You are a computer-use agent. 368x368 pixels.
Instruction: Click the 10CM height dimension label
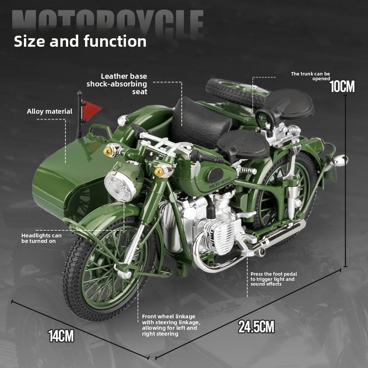tap(342, 87)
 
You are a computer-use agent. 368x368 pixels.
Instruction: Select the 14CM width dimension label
tap(61, 336)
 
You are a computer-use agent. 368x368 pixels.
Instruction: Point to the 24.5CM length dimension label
tap(256, 326)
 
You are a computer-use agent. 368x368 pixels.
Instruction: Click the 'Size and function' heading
tap(80, 41)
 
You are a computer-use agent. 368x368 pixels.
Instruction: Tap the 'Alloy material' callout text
tap(50, 111)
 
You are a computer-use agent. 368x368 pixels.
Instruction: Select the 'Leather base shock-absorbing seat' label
tap(117, 84)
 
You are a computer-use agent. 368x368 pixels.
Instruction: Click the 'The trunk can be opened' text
tap(311, 76)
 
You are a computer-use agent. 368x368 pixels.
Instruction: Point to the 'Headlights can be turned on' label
tap(42, 238)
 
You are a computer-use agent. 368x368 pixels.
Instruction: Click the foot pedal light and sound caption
tap(274, 279)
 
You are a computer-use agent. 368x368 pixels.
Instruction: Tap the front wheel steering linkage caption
tap(171, 325)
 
